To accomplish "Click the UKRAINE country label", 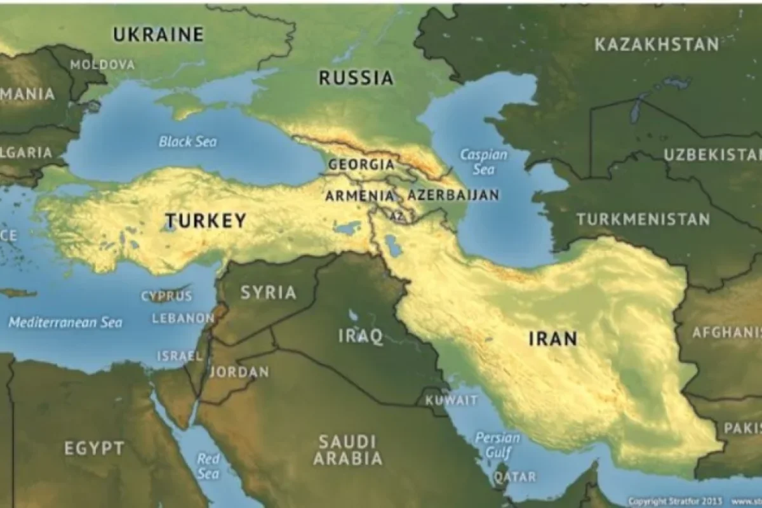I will click(158, 34).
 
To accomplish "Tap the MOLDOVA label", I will click(102, 65).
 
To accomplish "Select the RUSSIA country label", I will click(356, 78).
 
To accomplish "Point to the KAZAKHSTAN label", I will click(657, 44).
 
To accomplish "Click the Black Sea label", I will click(187, 141).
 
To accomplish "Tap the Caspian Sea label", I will click(483, 162).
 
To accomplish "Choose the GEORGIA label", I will click(361, 165).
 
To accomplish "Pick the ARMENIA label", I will click(359, 196).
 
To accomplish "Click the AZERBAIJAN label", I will click(453, 195).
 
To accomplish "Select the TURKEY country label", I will click(206, 221).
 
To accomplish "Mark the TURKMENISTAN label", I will click(643, 220).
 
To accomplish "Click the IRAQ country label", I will click(360, 335).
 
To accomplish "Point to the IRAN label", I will click(552, 338).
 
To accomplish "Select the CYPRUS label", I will click(166, 296).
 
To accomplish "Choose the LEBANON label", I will click(182, 318).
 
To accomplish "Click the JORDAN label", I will click(239, 372).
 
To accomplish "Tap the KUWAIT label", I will click(451, 401).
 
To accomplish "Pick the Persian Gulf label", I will click(497, 444).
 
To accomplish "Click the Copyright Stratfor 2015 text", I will click(674, 500).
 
